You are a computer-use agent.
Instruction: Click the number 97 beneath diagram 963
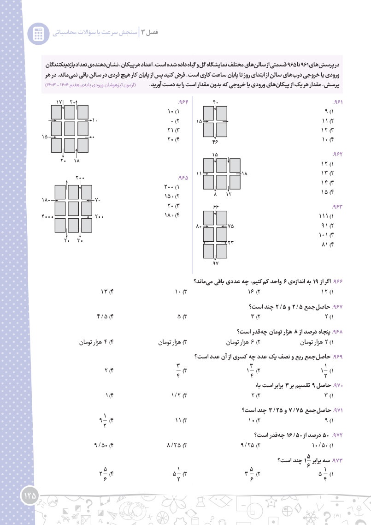coord(215,263)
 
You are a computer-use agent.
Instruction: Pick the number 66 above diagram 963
coord(216,205)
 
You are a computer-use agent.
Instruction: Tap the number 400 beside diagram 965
coord(47,216)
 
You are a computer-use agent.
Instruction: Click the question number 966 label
coord(339,281)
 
